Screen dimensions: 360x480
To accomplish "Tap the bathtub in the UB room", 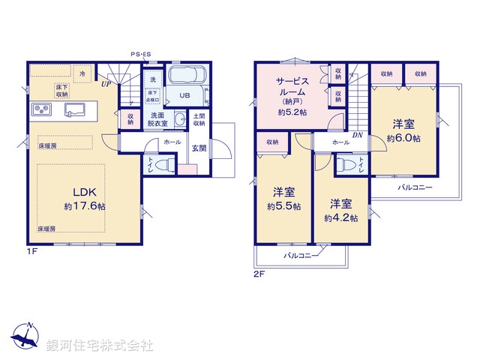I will [x=187, y=76].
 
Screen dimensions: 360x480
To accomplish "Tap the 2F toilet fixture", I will [x=347, y=164].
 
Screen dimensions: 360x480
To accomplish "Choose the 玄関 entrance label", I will [x=199, y=148].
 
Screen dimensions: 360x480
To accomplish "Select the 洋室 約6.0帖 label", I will [x=403, y=131].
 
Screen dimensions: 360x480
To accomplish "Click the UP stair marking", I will [x=107, y=85].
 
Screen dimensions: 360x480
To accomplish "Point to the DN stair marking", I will [x=358, y=136].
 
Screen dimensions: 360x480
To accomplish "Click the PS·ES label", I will [x=140, y=55].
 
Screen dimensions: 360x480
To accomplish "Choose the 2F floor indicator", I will [x=259, y=274].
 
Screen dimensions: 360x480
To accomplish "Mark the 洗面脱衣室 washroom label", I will [x=157, y=120].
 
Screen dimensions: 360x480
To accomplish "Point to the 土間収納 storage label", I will [x=199, y=120].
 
